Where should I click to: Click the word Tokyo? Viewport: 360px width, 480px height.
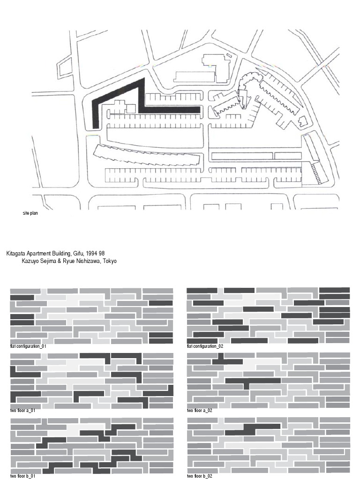click(x=108, y=261)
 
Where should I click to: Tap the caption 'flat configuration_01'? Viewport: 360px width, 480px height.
click(x=28, y=346)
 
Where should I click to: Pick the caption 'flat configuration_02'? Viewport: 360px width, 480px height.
click(x=205, y=346)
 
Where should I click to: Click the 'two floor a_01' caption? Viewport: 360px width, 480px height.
click(x=23, y=411)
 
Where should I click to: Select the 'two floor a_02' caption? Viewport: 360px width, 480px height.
click(x=200, y=411)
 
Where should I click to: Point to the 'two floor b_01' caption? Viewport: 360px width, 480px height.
click(x=23, y=476)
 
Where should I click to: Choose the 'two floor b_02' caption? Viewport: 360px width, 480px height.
click(x=200, y=476)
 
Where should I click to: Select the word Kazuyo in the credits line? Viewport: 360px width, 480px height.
click(x=30, y=261)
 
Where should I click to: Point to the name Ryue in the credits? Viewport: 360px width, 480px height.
click(x=67, y=261)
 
